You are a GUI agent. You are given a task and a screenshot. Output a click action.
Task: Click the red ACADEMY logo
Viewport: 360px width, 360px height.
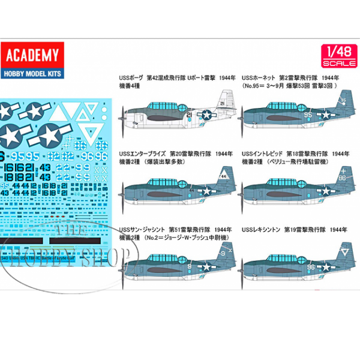click(x=33, y=56)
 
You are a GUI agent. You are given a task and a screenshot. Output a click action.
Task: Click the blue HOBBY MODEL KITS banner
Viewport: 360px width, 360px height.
click(x=33, y=70)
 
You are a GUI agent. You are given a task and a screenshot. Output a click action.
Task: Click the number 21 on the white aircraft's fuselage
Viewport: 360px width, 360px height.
click(x=189, y=114)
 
